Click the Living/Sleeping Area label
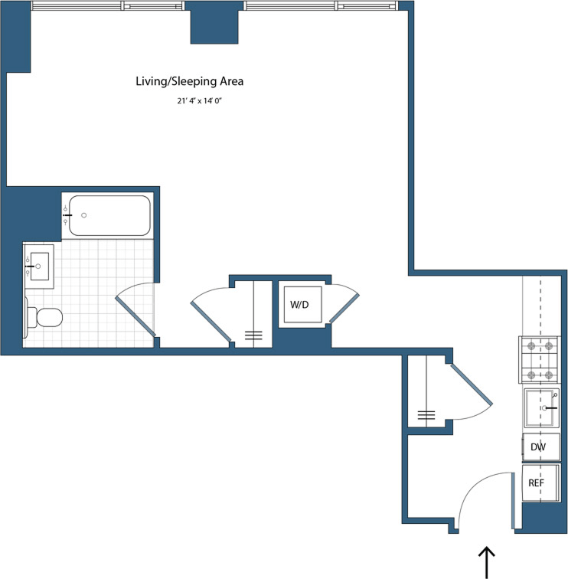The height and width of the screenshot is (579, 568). [189, 80]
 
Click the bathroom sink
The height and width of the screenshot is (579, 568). [39, 266]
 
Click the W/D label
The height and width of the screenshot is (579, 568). [299, 305]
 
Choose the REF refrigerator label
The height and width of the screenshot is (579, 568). [536, 483]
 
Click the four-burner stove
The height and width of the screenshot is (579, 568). [539, 360]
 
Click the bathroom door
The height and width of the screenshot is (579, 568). [136, 315]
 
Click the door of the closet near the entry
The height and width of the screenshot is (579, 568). [472, 387]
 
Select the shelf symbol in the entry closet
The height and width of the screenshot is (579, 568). [426, 416]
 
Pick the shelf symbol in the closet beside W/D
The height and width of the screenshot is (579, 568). [253, 335]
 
